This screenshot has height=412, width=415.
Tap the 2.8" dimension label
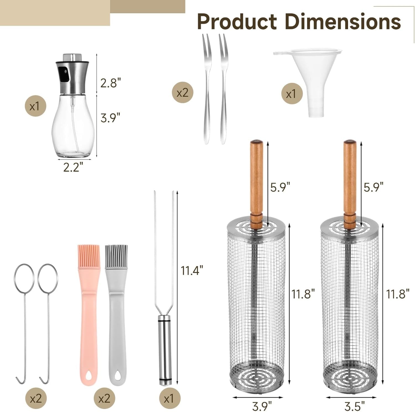coord(111,83)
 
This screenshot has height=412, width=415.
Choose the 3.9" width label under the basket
coord(262,406)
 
